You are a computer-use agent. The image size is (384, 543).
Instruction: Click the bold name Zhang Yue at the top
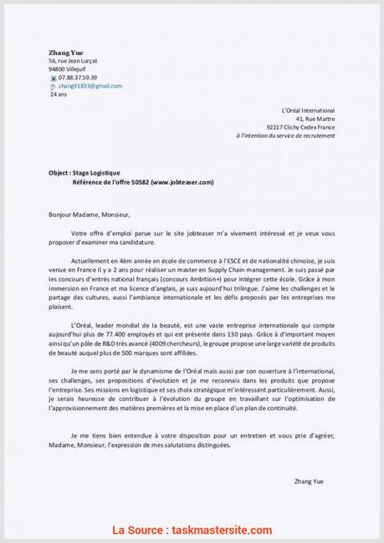tap(66, 52)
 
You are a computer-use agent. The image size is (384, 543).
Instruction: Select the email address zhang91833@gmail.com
tap(90, 86)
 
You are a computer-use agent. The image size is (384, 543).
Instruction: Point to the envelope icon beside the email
tap(54, 86)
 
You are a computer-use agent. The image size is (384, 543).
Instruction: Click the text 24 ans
tap(59, 94)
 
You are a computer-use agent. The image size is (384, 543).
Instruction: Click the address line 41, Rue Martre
tap(315, 118)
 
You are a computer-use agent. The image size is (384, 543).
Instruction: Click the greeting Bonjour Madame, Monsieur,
tap(90, 213)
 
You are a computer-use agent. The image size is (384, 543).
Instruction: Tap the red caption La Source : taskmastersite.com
tap(192, 530)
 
